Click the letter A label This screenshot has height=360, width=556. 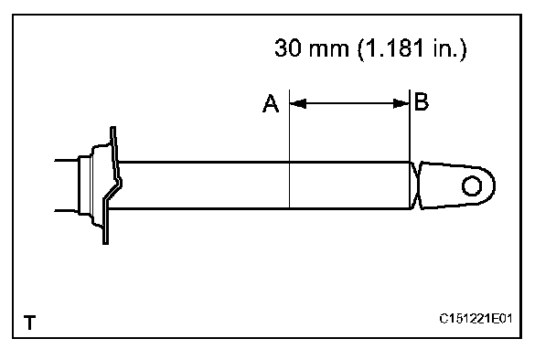point(271,103)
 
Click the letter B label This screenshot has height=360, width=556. point(422,101)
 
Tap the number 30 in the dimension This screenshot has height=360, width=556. point(287,48)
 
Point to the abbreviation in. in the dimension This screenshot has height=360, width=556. point(445,48)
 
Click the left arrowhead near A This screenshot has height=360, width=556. point(298,104)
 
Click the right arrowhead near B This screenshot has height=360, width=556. point(401,104)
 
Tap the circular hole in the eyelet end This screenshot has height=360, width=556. point(472,185)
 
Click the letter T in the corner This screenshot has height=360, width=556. point(30,323)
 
